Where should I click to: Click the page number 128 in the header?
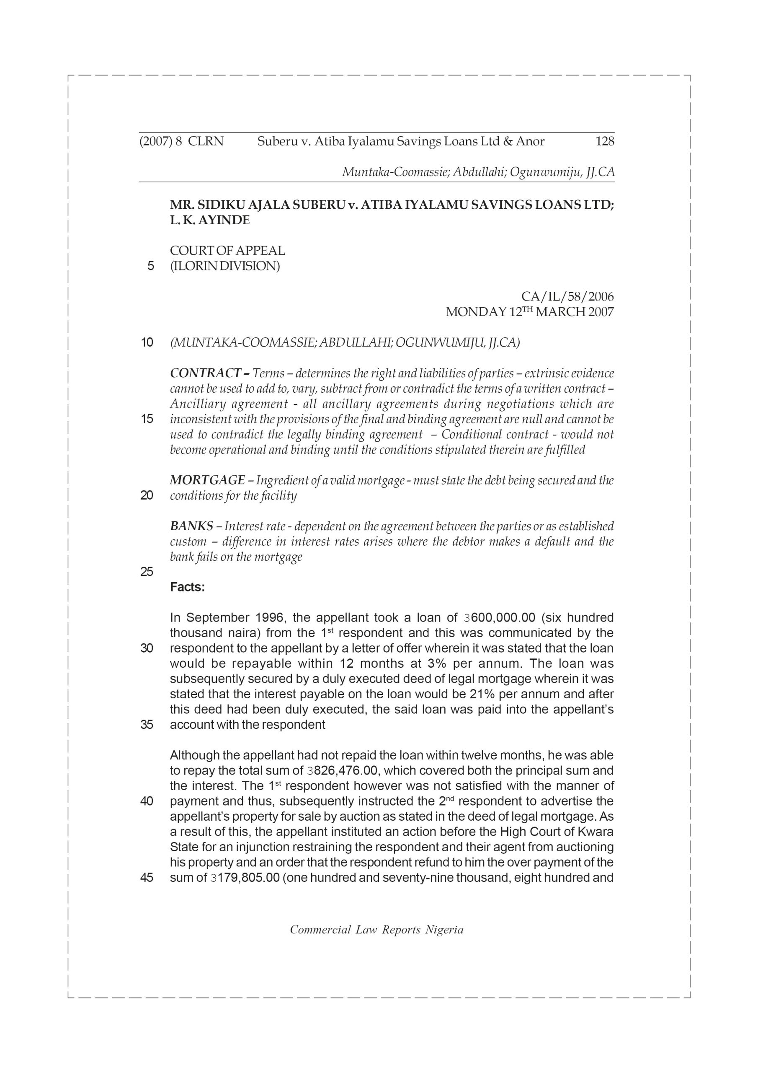[x=604, y=142]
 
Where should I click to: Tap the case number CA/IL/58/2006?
[x=567, y=297]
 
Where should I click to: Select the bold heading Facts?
[x=187, y=588]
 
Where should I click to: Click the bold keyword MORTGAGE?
[x=207, y=480]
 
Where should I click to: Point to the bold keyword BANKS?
[x=191, y=526]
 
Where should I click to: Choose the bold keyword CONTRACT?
[x=206, y=373]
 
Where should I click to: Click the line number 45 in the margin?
[x=147, y=878]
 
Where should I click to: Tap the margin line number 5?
[x=150, y=267]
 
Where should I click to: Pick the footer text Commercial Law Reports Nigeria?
[x=376, y=930]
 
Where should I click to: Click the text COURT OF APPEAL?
[x=227, y=251]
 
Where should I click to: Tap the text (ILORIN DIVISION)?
[x=224, y=267]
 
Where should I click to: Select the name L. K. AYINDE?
[x=210, y=220]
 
